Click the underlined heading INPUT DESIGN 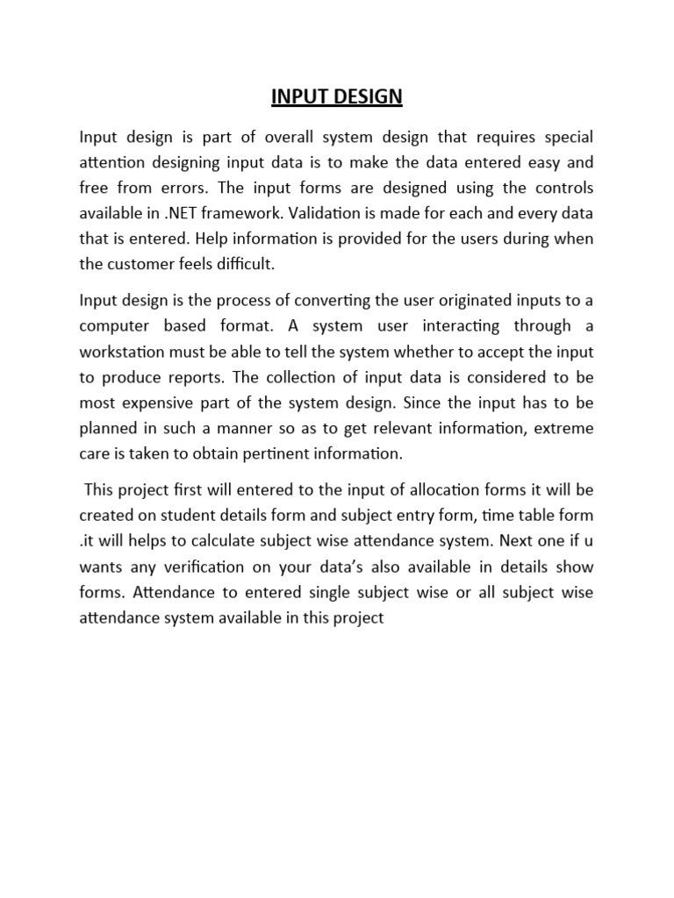337,96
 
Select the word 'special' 570,138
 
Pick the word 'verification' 174,567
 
